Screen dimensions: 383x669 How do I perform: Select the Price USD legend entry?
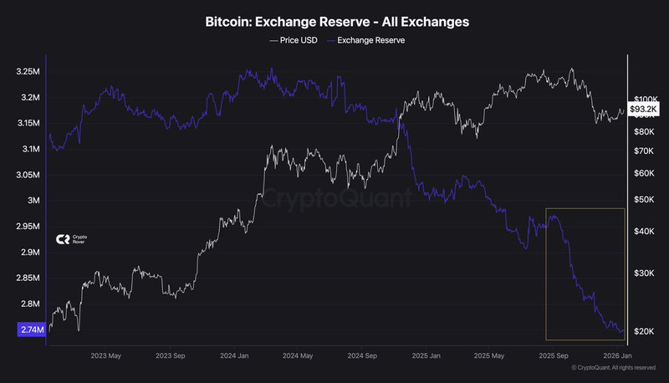tap(295, 39)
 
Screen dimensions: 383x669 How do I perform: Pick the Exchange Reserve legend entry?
tap(369, 39)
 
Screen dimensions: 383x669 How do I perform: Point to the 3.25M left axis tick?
tap(28, 72)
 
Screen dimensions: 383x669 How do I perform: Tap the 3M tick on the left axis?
tap(33, 201)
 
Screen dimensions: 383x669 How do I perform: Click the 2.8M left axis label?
tap(29, 304)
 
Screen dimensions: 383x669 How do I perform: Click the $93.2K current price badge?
tap(644, 109)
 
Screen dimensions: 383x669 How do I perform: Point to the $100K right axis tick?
tap(647, 99)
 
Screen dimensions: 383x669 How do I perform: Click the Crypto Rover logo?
tap(71, 239)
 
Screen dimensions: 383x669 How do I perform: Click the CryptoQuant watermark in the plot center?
tap(334, 200)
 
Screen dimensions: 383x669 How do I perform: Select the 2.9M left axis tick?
tap(29, 253)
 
